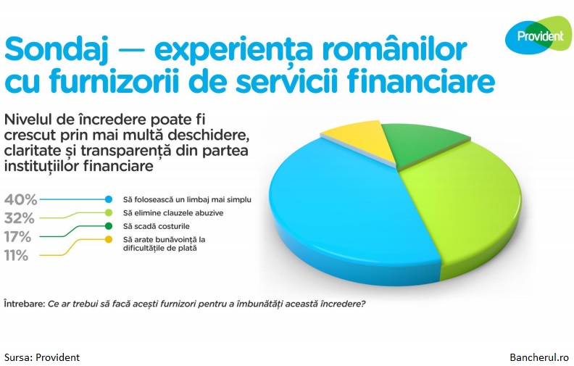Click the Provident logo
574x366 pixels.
coord(538,36)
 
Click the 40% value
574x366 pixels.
coord(20,200)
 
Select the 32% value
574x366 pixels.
coord(19,218)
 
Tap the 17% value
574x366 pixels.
coord(17,237)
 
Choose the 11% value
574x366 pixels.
coord(16,255)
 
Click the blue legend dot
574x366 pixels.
coord(109,199)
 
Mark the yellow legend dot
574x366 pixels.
coord(109,239)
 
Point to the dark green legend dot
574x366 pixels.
coord(109,226)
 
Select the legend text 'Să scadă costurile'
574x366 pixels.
coord(157,227)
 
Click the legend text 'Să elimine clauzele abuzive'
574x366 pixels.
coord(173,213)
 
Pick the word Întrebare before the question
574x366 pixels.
coord(25,304)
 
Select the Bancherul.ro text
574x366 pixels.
coord(539,357)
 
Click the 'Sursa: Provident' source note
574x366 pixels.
coord(42,357)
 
